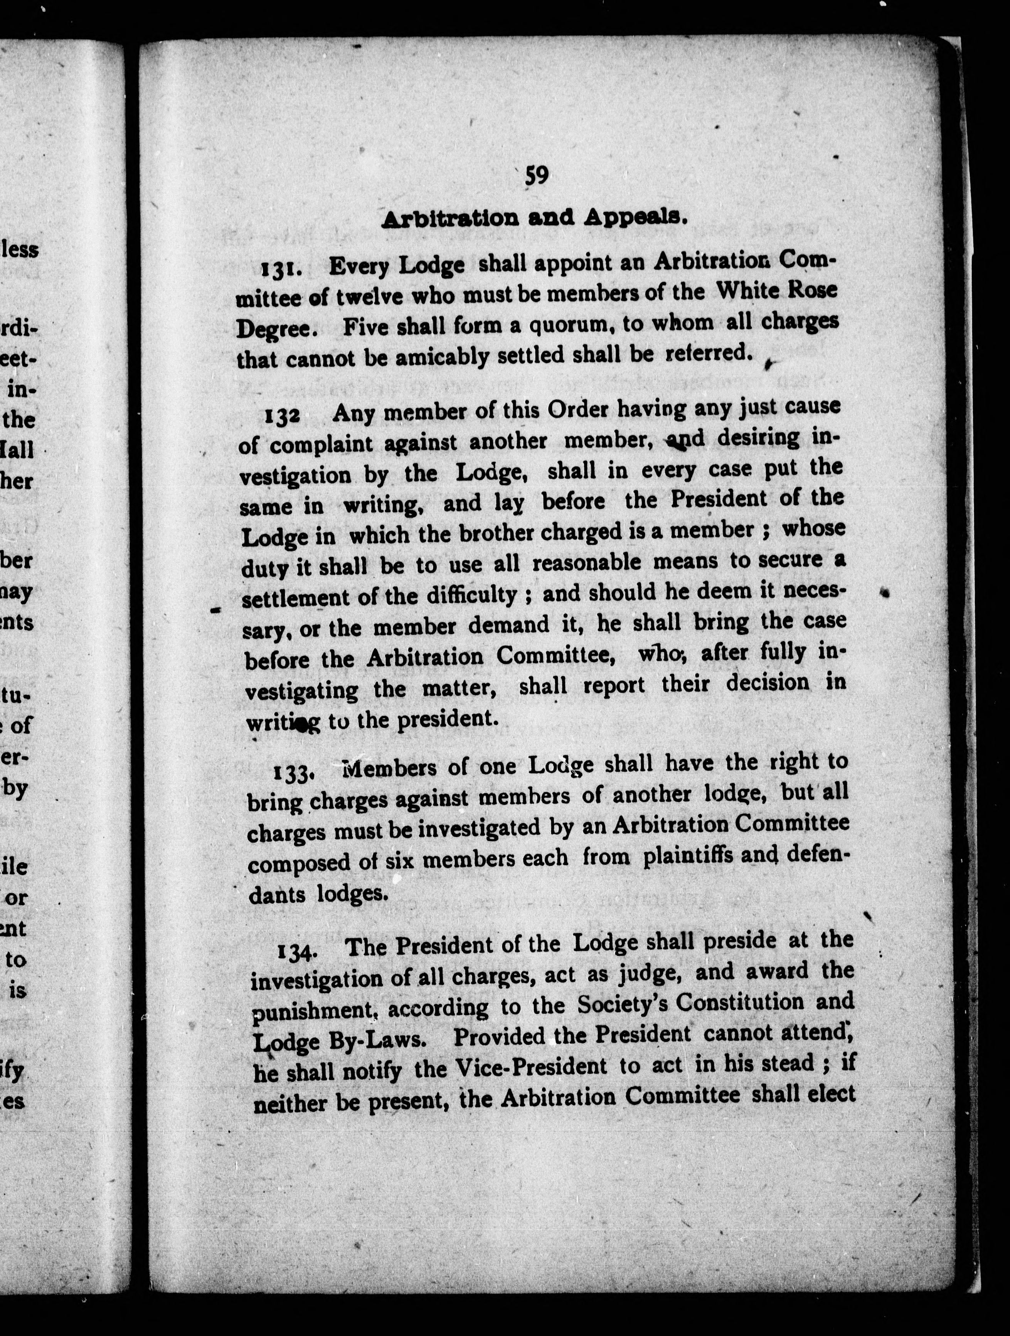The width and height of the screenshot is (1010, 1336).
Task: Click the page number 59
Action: coord(536,176)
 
